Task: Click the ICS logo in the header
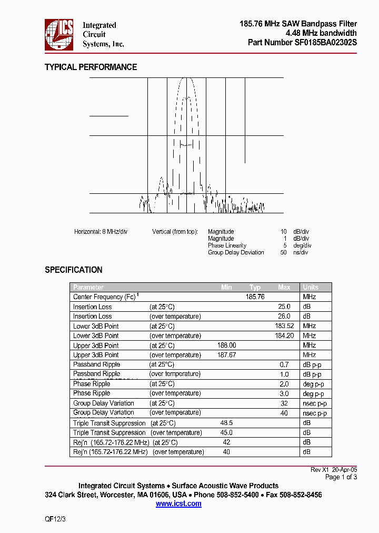click(59, 35)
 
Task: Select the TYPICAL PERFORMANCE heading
click(91, 67)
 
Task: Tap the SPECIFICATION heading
click(73, 270)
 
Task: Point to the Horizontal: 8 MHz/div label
click(101, 232)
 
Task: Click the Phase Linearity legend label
click(227, 245)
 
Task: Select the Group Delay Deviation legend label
click(236, 252)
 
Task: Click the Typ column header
click(255, 287)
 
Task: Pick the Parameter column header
click(88, 287)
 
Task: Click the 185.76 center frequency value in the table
click(255, 297)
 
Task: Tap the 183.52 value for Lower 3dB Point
click(284, 326)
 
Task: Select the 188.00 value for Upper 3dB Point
click(226, 346)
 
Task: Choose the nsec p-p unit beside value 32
click(315, 403)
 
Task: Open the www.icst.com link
click(178, 504)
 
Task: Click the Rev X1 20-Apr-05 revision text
click(334, 469)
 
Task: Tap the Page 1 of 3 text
click(341, 477)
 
